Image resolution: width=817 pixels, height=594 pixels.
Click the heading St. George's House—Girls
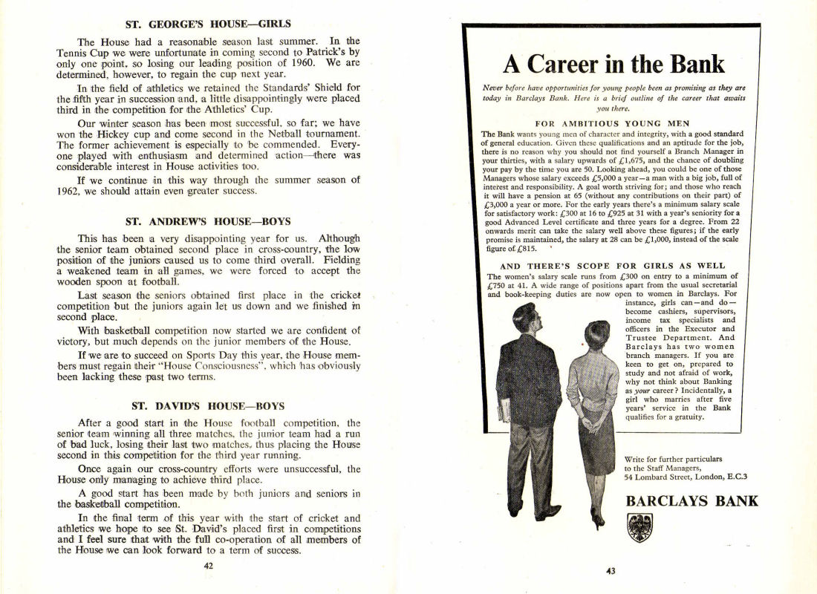[208, 25]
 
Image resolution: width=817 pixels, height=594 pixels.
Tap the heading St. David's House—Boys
[208, 406]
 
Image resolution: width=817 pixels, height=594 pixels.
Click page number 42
[209, 565]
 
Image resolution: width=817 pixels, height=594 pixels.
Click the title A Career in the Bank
[613, 65]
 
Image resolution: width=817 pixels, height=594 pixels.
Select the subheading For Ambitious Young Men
[612, 123]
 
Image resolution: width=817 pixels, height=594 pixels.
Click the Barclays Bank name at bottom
[691, 501]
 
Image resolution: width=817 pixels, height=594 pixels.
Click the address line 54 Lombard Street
[686, 477]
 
